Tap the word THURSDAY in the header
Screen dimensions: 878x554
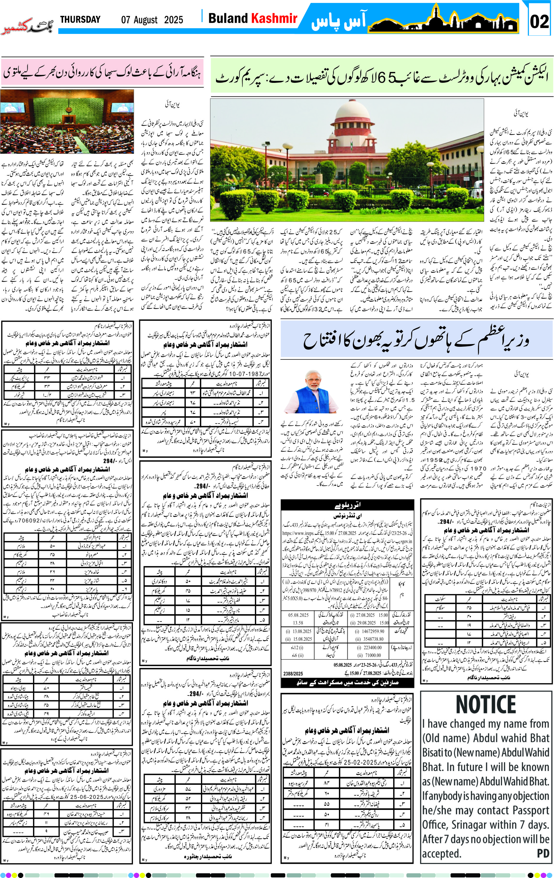(80, 19)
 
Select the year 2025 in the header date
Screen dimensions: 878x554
(174, 20)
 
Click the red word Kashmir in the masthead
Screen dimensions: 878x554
(274, 18)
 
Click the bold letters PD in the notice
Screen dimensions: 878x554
(543, 853)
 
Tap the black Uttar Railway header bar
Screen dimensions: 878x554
(347, 505)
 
